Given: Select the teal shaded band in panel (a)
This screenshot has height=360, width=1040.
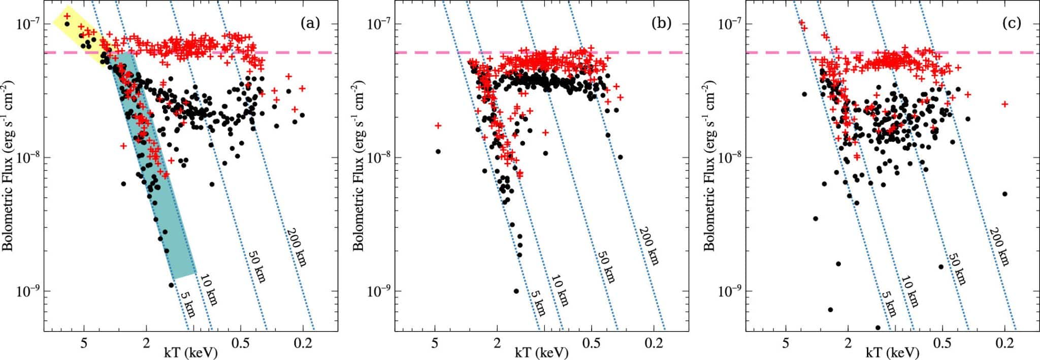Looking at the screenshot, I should coord(157,178).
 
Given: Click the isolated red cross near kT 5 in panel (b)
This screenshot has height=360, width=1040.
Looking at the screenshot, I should coord(438,125).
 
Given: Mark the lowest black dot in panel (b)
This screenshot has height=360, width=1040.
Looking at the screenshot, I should coord(516,291).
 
